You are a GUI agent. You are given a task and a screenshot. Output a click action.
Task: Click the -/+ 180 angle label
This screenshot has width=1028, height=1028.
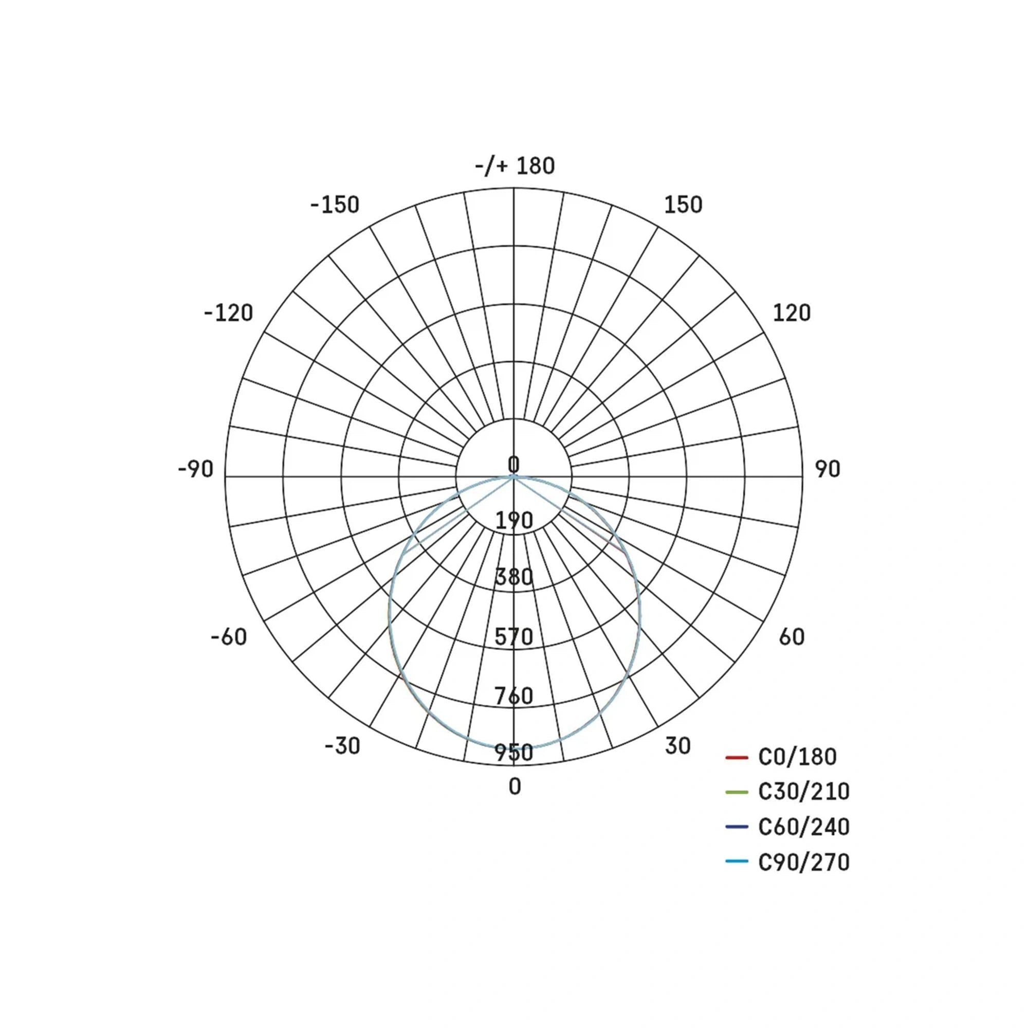(x=515, y=166)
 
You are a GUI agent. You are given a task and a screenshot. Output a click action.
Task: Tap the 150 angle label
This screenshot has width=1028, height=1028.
(x=683, y=205)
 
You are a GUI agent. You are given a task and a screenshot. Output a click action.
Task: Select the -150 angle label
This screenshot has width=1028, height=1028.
(x=335, y=205)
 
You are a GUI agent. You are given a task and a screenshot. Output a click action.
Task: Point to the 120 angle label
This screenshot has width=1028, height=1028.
(x=792, y=313)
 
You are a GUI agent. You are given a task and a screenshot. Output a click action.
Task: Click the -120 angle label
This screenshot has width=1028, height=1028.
(x=228, y=313)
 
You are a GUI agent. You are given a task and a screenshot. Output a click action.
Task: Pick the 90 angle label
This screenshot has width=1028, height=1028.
(x=828, y=469)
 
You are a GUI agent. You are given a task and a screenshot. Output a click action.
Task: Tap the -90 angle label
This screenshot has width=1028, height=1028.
(x=195, y=469)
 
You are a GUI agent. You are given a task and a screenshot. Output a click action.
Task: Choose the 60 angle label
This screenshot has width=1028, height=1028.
(x=792, y=637)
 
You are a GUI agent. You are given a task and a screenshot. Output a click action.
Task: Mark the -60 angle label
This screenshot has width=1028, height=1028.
(x=229, y=637)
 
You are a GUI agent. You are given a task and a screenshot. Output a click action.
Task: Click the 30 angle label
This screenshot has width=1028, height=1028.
(x=678, y=746)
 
